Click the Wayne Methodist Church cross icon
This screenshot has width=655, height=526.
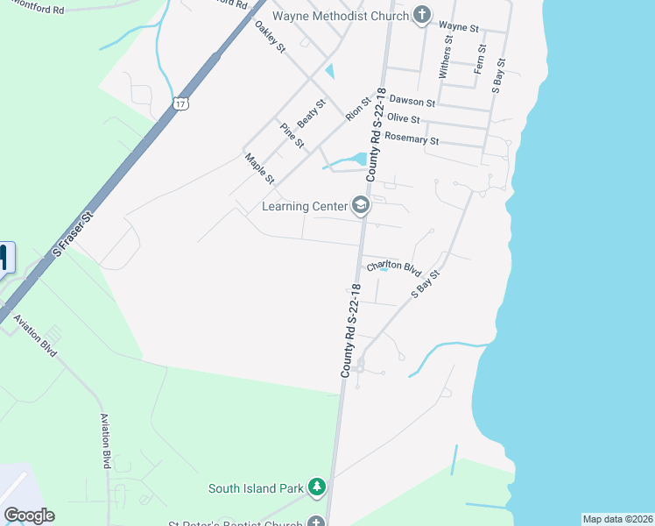point(422,16)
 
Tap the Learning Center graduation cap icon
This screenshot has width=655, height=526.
point(360,206)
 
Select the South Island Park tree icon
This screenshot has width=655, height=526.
point(316,487)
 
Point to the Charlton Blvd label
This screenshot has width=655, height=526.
point(394,267)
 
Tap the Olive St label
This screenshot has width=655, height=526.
point(404,119)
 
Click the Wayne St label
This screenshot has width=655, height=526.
point(459,28)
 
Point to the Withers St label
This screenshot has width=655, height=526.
point(447,57)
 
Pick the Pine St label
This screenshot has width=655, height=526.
point(292,135)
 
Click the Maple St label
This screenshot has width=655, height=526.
point(259,168)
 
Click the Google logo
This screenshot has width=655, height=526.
point(29,515)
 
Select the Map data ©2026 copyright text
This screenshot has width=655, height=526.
point(618,519)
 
